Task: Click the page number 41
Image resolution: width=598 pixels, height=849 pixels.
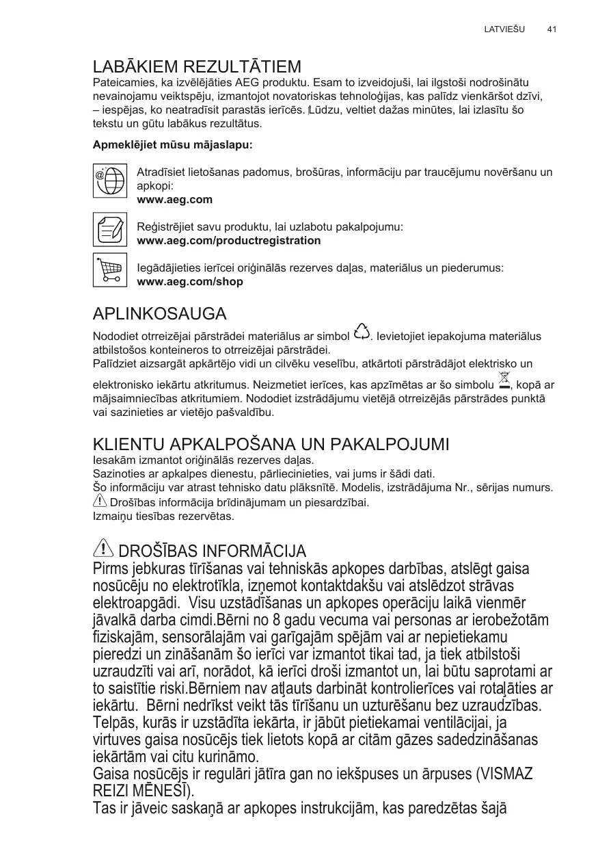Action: (x=552, y=29)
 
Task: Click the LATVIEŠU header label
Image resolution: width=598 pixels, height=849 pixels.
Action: (x=504, y=29)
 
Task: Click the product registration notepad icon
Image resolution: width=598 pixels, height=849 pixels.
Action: (x=109, y=229)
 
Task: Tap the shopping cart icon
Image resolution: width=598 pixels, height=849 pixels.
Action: (x=109, y=270)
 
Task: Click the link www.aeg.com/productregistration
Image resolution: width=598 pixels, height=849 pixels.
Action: (x=229, y=241)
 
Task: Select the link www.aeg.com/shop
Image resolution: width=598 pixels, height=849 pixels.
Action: (x=190, y=281)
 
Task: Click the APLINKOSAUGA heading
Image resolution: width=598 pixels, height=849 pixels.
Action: (x=159, y=314)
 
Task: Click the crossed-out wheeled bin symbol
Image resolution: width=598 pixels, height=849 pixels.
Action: (x=504, y=378)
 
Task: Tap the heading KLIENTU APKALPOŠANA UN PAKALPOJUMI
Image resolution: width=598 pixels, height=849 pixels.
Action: (x=271, y=444)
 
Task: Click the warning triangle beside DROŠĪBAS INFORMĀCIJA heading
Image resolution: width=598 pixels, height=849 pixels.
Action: (x=103, y=548)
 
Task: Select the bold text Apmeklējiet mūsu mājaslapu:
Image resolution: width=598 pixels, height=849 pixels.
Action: (x=172, y=146)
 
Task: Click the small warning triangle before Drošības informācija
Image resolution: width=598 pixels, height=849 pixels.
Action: (x=99, y=501)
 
